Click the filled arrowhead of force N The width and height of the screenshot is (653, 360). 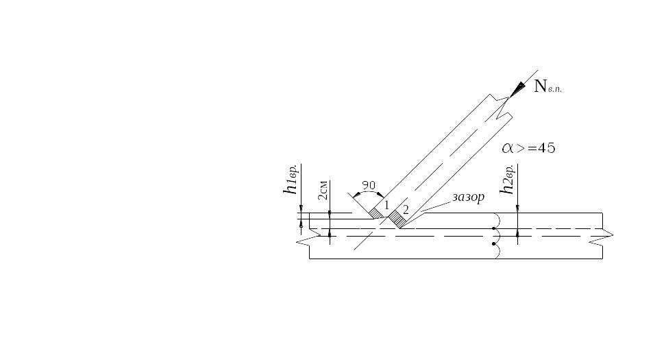(518, 88)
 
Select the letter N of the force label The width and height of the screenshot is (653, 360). (540, 86)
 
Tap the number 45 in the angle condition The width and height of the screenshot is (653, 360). (546, 148)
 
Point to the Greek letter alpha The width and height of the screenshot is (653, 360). (508, 148)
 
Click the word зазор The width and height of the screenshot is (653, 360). (469, 197)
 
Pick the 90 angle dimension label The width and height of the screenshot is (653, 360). (369, 185)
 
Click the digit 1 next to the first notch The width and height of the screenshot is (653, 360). (386, 205)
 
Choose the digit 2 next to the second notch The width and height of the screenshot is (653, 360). (406, 209)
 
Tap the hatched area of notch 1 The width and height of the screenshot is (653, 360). (376, 213)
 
